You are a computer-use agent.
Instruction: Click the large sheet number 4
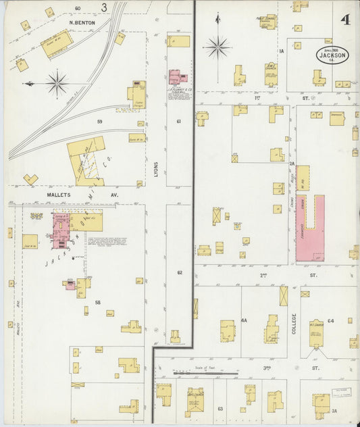(345, 19)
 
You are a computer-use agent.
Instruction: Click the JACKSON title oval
(332, 55)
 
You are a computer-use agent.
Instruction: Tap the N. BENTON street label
(82, 22)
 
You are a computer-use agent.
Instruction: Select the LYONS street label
(155, 168)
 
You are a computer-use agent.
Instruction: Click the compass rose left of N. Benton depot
(57, 84)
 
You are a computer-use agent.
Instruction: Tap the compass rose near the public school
(217, 47)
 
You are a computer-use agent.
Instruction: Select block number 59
(99, 122)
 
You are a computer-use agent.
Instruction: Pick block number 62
(180, 272)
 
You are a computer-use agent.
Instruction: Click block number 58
(98, 302)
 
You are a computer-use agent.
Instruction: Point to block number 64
(331, 321)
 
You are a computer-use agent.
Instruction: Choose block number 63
(221, 409)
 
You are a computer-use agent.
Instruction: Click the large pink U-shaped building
(310, 230)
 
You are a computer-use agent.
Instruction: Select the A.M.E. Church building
(270, 74)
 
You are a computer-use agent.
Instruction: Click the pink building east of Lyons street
(178, 76)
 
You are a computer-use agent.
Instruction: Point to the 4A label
(245, 321)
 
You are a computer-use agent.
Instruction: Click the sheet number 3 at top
(104, 7)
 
